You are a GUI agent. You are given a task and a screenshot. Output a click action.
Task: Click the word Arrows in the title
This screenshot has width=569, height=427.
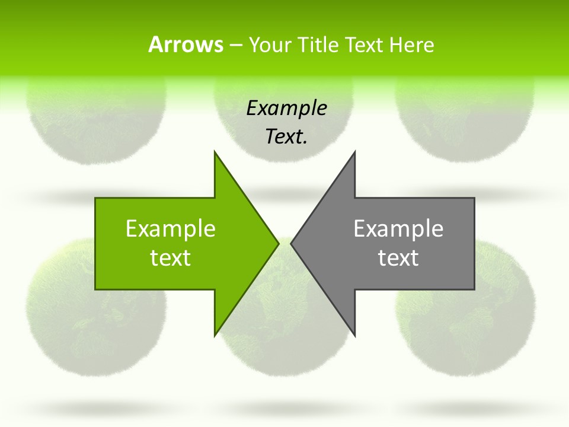click(x=185, y=44)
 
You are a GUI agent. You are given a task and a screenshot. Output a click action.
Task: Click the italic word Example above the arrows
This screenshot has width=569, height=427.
click(x=286, y=108)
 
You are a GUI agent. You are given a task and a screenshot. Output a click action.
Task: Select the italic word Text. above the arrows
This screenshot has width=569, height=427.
click(x=286, y=136)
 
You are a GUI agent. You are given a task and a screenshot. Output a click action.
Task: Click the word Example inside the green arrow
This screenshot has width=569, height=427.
click(x=171, y=228)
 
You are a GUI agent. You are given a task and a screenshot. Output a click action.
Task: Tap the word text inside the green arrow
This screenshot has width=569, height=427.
click(x=171, y=257)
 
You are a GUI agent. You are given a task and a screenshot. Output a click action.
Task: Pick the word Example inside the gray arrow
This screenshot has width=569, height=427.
click(x=398, y=228)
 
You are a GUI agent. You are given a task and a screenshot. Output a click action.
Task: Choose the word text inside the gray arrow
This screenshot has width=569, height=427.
click(x=398, y=257)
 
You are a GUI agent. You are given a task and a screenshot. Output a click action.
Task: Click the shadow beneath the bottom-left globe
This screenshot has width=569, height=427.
click(x=95, y=407)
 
